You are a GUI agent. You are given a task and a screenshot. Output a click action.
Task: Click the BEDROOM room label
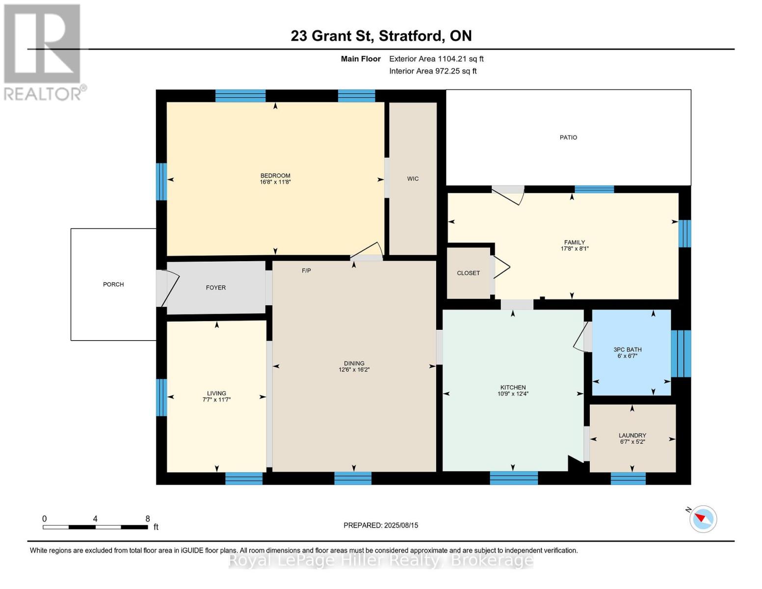tap(275, 176)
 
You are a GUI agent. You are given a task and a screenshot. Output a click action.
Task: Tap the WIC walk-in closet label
tap(413, 179)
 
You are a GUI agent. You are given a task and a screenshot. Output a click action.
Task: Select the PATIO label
tap(568, 137)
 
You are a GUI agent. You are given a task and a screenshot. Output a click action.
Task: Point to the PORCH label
tap(113, 284)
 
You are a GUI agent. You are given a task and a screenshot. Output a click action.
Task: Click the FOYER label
tap(215, 288)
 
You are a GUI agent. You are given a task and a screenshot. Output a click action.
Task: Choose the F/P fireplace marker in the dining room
tap(306, 270)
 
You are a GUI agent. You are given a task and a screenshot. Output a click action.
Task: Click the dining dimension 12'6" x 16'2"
tap(354, 370)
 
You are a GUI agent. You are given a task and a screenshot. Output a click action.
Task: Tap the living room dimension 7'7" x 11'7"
tap(216, 400)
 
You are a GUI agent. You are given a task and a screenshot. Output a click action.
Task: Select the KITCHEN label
tap(513, 387)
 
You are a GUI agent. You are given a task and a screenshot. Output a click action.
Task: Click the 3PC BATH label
tap(627, 349)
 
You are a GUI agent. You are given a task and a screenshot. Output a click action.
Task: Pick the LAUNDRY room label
tap(632, 435)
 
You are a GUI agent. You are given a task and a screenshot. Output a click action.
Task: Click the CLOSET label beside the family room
tap(468, 273)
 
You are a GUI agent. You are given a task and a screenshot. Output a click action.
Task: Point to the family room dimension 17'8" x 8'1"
tap(574, 248)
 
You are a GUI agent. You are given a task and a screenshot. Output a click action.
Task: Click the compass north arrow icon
tap(703, 518)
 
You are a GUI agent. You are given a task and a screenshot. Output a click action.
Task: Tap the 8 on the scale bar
tap(147, 518)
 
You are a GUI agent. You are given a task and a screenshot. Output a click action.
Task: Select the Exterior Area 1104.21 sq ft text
tap(436, 59)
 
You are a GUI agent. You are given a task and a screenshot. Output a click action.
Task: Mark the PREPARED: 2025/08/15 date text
tap(381, 525)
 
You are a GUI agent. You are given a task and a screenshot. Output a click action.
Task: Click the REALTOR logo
tap(43, 52)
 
